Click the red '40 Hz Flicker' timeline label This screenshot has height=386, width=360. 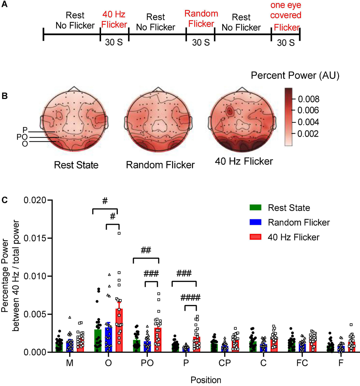pos(114,19)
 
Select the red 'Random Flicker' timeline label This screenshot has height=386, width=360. pos(201,19)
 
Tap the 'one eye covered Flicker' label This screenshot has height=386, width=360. pos(286,16)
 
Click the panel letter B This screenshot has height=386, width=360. pos(4,96)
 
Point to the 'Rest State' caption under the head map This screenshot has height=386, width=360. pos(76,165)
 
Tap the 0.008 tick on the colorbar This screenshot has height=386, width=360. pos(308,99)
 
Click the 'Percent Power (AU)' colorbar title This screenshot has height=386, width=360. pos(295,76)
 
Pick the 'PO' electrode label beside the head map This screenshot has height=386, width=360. pos(22,137)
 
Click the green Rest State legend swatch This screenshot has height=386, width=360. pos(255,208)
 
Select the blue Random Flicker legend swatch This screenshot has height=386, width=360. pos(255,222)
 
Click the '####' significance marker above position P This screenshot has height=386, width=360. pos(190,298)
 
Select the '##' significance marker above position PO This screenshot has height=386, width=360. pos(145,250)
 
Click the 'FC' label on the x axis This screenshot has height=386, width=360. pos(302,363)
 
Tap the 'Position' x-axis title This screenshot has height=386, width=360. pos(206,380)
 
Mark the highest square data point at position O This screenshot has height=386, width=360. pos(119,233)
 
